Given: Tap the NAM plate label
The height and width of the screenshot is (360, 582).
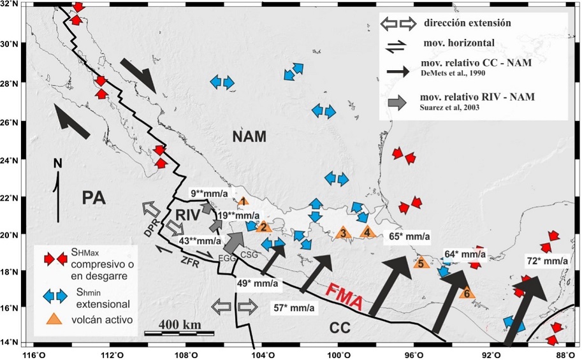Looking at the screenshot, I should [249, 136].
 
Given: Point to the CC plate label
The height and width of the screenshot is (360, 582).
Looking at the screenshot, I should [340, 328].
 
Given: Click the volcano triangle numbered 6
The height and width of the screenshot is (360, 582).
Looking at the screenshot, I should [467, 292].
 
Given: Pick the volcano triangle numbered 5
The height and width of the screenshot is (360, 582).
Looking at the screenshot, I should [421, 262].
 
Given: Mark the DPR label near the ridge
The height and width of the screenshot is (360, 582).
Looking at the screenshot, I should [152, 229].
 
